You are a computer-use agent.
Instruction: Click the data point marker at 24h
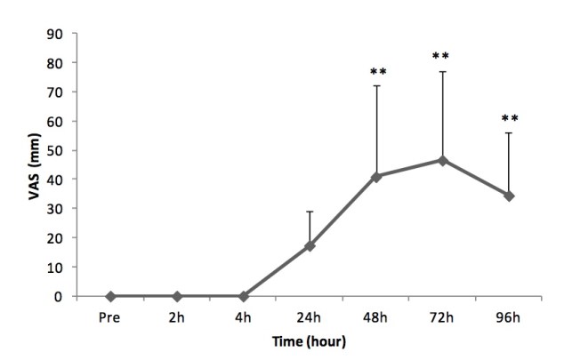click(310, 245)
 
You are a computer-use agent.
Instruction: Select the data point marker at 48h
click(376, 177)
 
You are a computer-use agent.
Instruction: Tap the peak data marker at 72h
click(442, 160)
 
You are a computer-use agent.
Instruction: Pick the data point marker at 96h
click(509, 196)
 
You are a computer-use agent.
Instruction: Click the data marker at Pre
click(110, 296)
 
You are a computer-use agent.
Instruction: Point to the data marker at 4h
click(243, 296)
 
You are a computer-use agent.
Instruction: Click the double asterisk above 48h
click(377, 73)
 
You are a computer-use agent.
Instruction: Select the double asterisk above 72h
click(442, 57)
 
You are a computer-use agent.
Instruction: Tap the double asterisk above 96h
click(510, 118)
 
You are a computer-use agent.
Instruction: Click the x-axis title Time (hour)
click(309, 341)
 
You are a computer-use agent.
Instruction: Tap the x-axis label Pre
click(110, 315)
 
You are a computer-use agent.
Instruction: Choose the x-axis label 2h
click(177, 315)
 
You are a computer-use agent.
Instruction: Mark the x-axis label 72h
click(442, 315)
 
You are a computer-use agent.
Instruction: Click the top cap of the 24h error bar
click(310, 212)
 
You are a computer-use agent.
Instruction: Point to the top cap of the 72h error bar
click(442, 72)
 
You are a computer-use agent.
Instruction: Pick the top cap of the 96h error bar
click(509, 133)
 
